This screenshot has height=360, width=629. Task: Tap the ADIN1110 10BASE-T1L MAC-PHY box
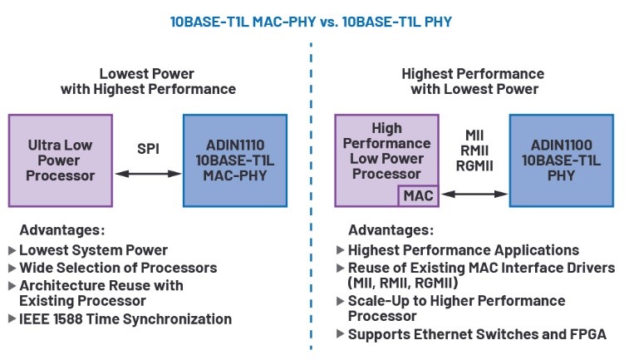click(x=234, y=160)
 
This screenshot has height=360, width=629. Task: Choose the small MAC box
click(x=417, y=196)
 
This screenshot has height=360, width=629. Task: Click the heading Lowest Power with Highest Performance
click(x=148, y=81)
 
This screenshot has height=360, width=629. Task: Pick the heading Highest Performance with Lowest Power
click(x=472, y=81)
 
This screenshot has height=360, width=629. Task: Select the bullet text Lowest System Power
click(x=93, y=249)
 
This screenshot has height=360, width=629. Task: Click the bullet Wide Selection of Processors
click(x=117, y=267)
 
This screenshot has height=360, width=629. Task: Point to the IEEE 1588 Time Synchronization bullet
click(x=125, y=318)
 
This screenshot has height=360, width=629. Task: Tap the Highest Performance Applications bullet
click(x=463, y=249)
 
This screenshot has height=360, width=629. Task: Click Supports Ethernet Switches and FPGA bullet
click(x=477, y=334)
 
